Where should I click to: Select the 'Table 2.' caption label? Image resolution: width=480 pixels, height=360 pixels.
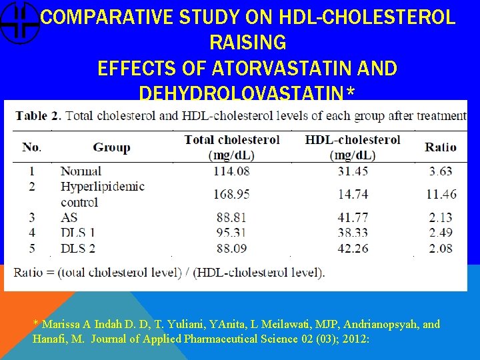[x=38, y=115]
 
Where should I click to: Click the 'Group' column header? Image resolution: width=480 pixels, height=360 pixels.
[x=111, y=147]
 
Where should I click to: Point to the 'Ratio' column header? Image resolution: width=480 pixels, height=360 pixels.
[x=440, y=147]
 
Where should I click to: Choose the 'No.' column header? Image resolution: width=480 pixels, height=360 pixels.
[x=31, y=147]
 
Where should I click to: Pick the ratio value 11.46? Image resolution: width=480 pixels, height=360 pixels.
[x=440, y=194]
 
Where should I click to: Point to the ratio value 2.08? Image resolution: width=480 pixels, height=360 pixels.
[x=440, y=248]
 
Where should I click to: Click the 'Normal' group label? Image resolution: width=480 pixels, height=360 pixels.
[x=81, y=171]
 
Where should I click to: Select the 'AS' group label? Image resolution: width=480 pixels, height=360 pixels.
[x=69, y=217]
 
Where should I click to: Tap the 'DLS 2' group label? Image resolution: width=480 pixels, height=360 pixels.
[x=78, y=248]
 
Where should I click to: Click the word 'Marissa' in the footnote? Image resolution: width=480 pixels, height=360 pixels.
[x=62, y=325]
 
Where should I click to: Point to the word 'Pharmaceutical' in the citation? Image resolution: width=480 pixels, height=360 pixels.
[x=220, y=338]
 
